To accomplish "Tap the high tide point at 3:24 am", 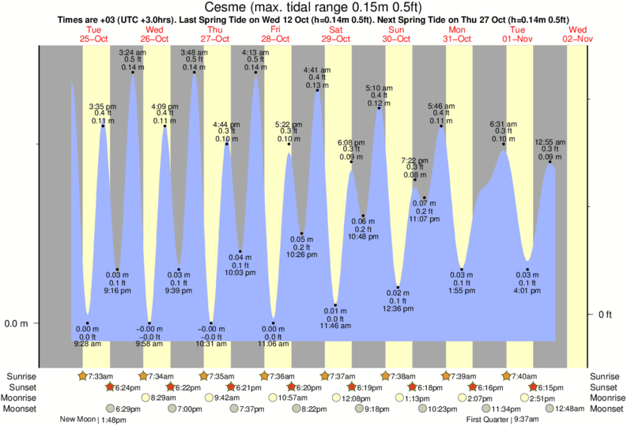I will coord(132,73).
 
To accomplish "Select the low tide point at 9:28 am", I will coord(87,323).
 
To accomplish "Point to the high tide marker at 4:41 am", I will coord(317,90).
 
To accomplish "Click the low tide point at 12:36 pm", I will coord(398,288).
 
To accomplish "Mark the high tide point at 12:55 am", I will coord(550,161).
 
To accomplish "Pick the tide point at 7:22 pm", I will coord(414,180).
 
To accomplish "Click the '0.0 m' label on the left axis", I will coord(17,323).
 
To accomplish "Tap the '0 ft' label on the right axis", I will coord(605,315).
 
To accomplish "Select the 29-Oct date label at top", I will coord(336,39).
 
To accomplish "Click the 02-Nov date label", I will coord(578,39).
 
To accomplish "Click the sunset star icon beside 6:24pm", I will coord(110,387).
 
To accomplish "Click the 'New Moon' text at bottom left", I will coord(77,420).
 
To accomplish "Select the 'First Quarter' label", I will coord(486,420).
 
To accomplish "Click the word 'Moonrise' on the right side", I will coord(608,398).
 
